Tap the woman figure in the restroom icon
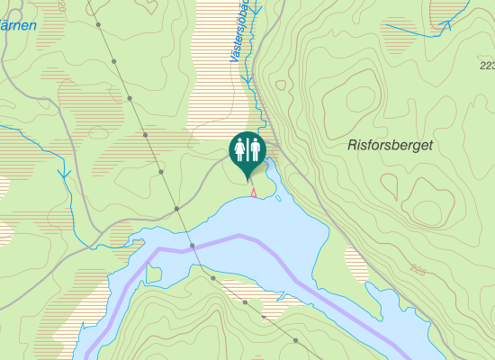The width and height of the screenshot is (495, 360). (240, 147)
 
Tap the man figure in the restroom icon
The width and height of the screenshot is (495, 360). (256, 147)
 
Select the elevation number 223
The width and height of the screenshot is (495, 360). (487, 66)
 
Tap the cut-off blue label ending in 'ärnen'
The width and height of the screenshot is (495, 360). (18, 25)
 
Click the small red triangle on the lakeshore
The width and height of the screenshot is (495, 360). (254, 192)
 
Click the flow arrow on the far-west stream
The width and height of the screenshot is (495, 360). (64, 173)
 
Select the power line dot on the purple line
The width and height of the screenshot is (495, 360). (193, 245)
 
